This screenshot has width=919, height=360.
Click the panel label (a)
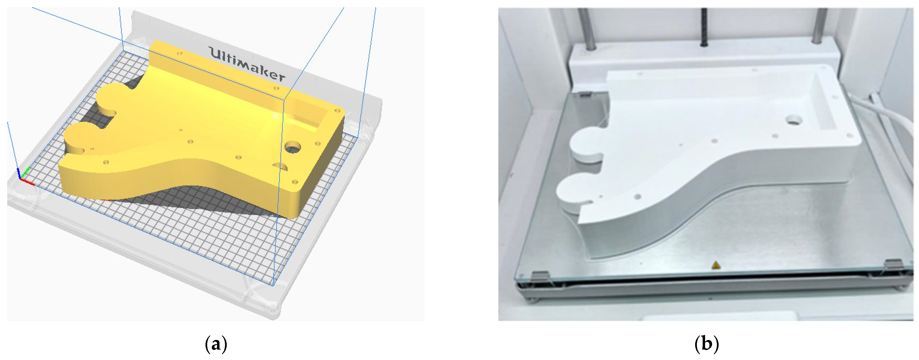[x=216, y=345]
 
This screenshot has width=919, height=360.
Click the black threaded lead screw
[x=704, y=27]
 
